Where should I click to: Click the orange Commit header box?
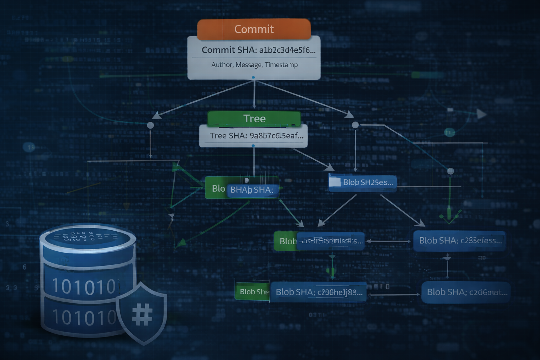[x=254, y=29]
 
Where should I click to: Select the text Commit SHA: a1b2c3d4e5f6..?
[x=258, y=50]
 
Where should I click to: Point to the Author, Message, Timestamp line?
[x=255, y=65]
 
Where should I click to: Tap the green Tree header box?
[x=254, y=118]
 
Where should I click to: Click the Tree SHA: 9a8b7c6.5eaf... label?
[x=256, y=136]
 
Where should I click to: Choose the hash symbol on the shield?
[x=142, y=314]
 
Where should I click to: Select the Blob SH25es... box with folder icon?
[x=362, y=182]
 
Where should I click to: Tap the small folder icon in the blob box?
[x=334, y=182]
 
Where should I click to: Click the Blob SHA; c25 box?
[x=459, y=241]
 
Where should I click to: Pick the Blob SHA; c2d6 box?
[x=466, y=292]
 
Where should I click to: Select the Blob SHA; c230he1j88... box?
[x=319, y=292]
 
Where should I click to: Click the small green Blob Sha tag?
[x=252, y=292]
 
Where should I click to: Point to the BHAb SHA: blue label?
[x=252, y=190]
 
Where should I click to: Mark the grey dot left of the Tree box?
[x=150, y=125]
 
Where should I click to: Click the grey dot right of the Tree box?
[x=355, y=125]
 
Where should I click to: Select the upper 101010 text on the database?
[x=84, y=286]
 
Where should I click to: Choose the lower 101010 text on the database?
[x=83, y=317]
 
